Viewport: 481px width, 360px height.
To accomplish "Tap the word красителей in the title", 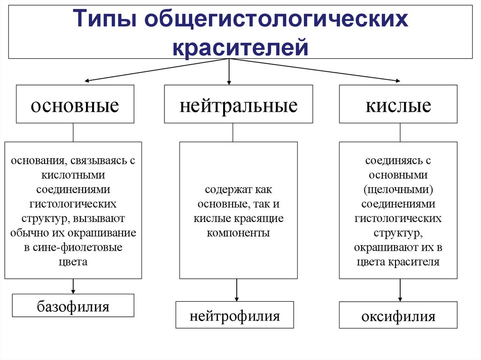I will [x=240, y=47].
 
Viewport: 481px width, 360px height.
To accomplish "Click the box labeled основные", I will [x=75, y=104].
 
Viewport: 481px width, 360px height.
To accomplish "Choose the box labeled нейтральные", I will [x=238, y=104].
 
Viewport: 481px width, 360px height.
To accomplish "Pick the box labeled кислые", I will [x=398, y=104].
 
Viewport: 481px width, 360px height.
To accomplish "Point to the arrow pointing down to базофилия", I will [x=73, y=287].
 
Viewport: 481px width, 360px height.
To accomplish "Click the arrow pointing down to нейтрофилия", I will [x=237, y=291].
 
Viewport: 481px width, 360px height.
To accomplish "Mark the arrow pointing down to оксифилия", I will [x=400, y=291].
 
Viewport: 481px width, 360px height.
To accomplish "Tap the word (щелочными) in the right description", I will [x=398, y=189].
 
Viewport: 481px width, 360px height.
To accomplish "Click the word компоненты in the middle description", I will [x=238, y=232].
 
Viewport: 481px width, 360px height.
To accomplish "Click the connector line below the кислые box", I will [x=400, y=132].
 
